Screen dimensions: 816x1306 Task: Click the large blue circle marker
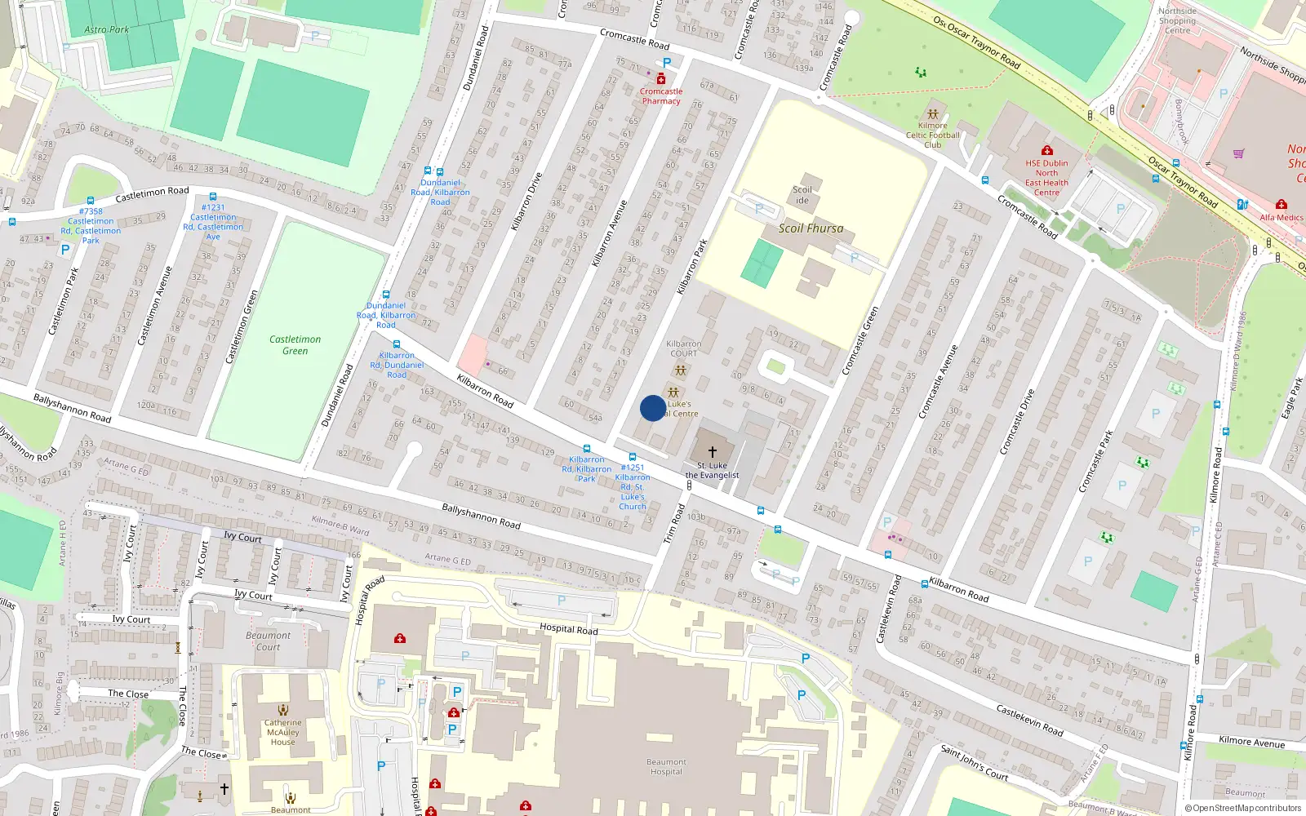pos(652,408)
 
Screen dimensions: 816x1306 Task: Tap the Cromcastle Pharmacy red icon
pos(661,79)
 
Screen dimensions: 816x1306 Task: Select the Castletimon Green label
pos(295,345)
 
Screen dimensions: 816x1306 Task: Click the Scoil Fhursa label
pos(811,228)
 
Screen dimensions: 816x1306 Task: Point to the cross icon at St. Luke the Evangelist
pos(712,452)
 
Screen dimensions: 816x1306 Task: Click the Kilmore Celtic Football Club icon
pos(932,114)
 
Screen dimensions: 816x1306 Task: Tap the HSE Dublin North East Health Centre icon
pos(1046,150)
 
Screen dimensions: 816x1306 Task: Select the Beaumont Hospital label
pos(666,767)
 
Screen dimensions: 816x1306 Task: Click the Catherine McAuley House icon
pos(282,710)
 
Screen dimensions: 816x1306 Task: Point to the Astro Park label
pos(107,29)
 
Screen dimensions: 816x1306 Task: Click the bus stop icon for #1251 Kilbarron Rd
pos(633,457)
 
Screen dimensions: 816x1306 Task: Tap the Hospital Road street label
pos(568,628)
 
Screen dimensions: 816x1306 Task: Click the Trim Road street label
pos(673,524)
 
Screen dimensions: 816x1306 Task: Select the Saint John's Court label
pos(974,763)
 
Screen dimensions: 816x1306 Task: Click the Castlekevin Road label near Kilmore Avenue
pos(1029,721)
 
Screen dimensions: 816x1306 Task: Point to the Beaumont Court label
pos(268,641)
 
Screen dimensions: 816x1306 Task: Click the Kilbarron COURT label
pos(683,348)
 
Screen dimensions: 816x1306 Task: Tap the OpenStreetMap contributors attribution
pos(1242,808)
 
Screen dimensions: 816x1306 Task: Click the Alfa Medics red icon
pos(1281,204)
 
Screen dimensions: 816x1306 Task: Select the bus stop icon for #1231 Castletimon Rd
pos(213,197)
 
